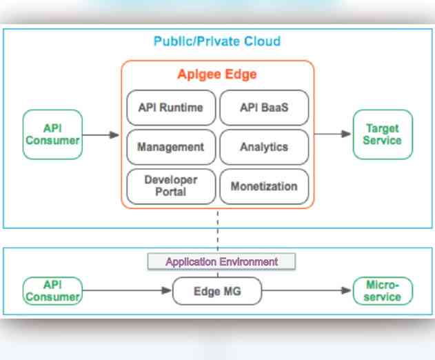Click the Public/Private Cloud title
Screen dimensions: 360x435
tap(217, 41)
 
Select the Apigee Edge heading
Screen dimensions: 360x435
tap(217, 74)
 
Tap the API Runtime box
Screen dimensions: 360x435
tap(171, 108)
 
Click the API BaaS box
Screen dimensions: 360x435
tap(264, 108)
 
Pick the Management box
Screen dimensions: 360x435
tap(171, 147)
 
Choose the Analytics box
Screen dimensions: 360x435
tap(264, 147)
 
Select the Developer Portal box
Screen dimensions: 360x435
tap(171, 186)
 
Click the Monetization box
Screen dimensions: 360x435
tap(264, 186)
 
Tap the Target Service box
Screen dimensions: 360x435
tap(383, 134)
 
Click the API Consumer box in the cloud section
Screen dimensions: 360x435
tap(52, 134)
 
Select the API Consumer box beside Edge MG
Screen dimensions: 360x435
tap(52, 290)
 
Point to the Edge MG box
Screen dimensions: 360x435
tap(216, 291)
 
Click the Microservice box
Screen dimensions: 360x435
tap(383, 290)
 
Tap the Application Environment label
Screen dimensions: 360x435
tap(221, 262)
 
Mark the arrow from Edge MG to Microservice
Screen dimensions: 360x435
tap(307, 291)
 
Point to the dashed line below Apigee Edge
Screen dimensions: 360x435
tap(218, 231)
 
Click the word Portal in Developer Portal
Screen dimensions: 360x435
tap(171, 192)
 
